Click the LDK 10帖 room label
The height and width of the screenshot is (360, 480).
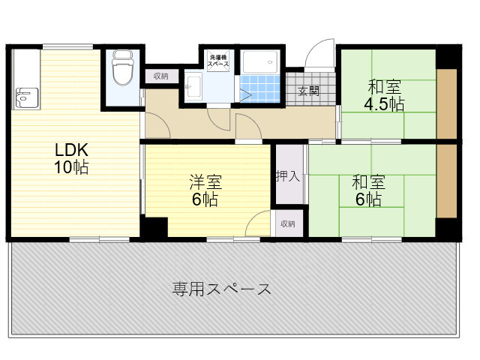(71, 157)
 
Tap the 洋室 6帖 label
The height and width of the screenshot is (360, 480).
(204, 190)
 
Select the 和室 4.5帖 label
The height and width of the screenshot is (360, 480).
(384, 94)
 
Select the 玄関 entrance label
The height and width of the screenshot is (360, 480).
(308, 91)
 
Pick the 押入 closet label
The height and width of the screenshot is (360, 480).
(288, 177)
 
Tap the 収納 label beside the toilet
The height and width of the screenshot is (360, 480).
(161, 76)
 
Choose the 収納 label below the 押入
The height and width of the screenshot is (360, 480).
(288, 223)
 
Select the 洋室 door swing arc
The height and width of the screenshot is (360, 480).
(259, 221)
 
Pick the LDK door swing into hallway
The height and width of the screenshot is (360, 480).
(154, 124)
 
